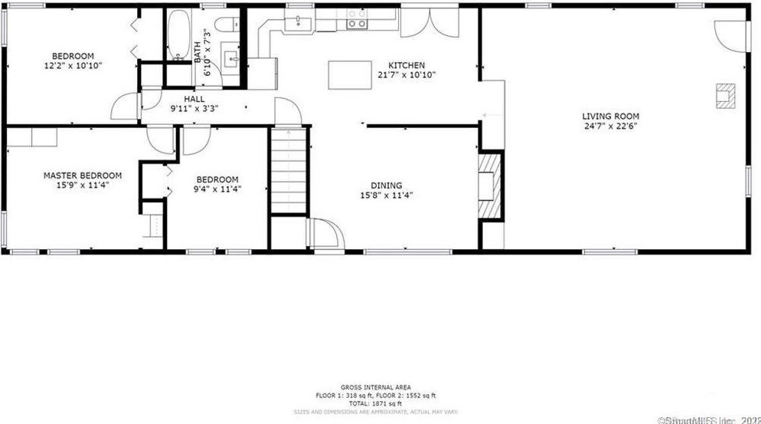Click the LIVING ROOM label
pos(610,117)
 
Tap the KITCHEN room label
pos(407,65)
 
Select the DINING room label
pos(387,185)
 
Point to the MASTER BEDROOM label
pos(82,176)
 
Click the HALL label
pos(194,99)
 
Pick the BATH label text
pos(198,52)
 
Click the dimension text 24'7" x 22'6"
pos(610,127)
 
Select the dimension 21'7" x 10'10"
pos(407,75)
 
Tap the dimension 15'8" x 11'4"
pos(387,195)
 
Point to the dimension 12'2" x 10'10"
pos(73,66)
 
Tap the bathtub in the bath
pos(178,36)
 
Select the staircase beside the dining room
pos(288,171)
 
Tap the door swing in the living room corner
pos(729,32)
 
